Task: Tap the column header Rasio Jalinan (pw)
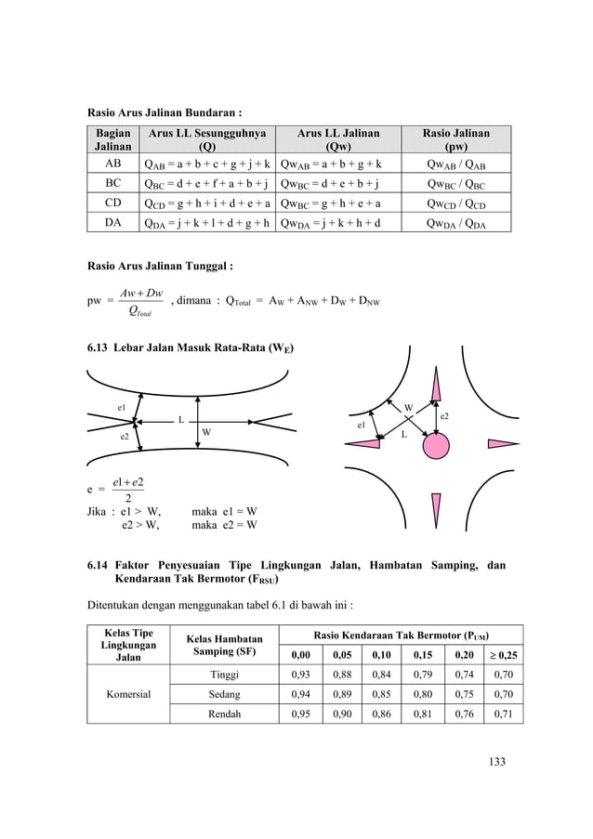point(456,139)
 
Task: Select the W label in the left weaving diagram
point(206,433)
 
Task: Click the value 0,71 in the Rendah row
point(504,715)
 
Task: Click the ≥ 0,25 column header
point(504,654)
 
